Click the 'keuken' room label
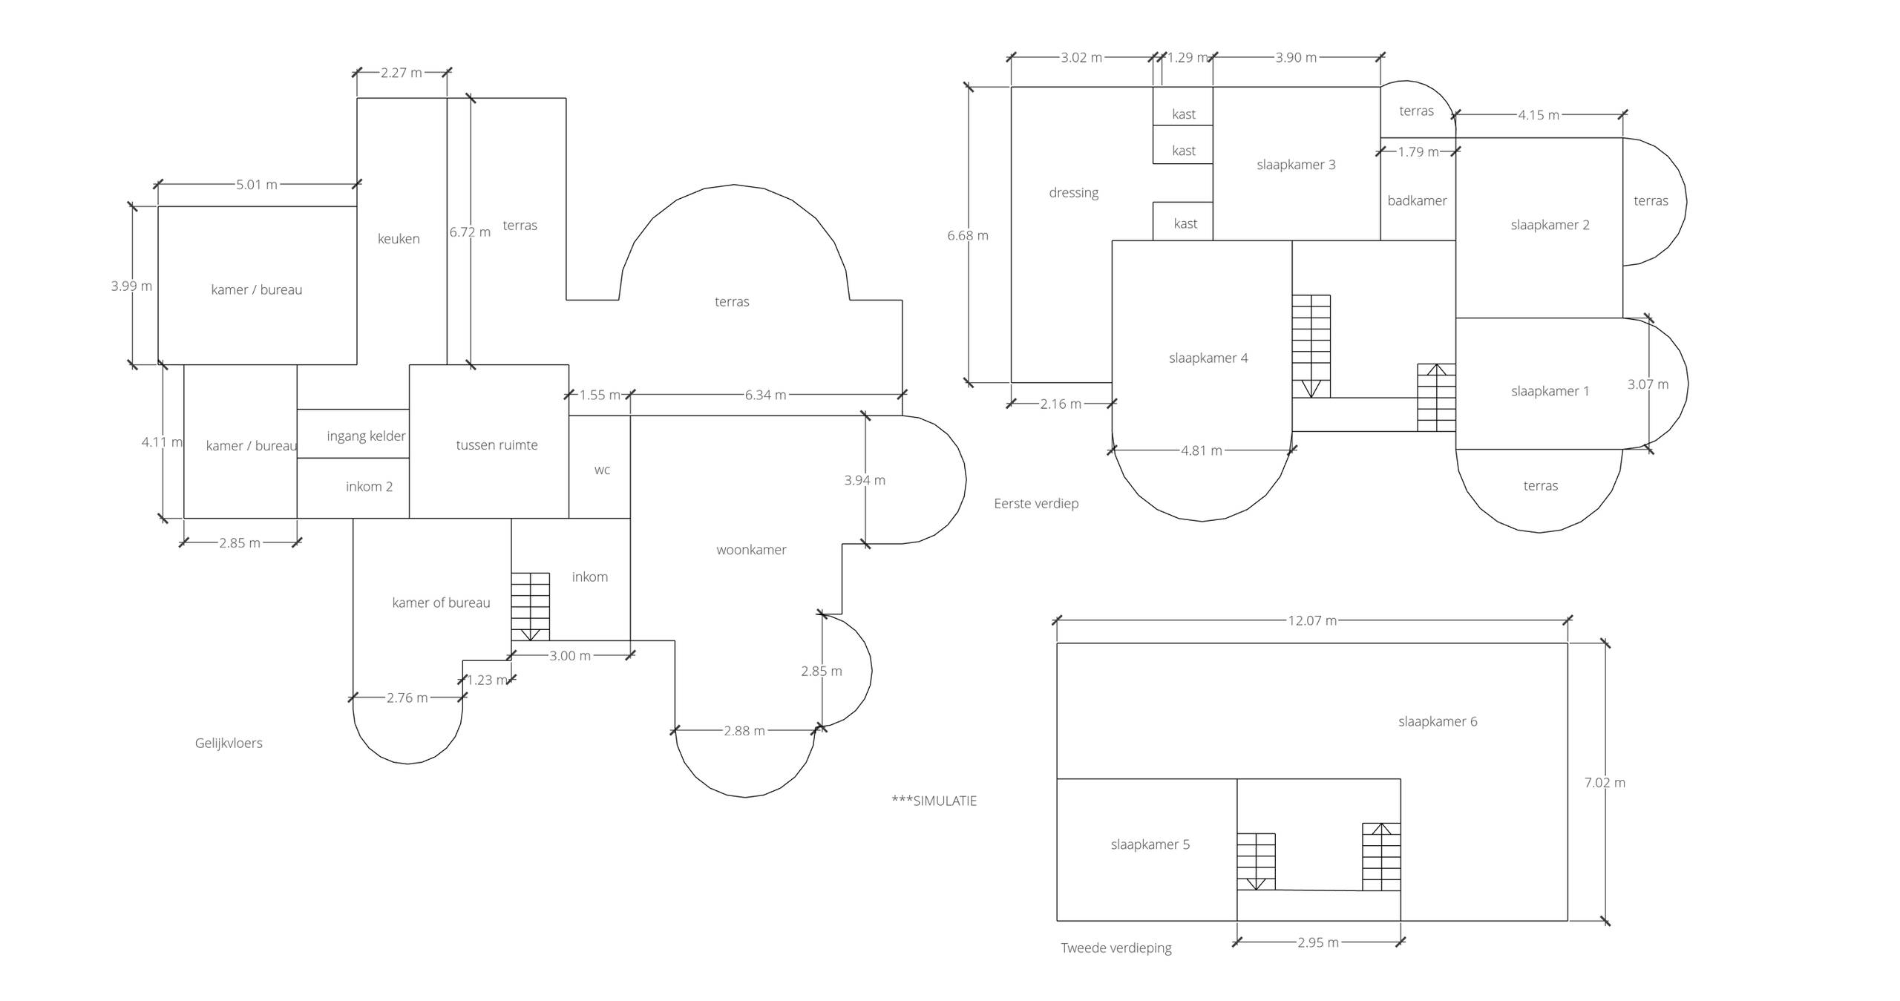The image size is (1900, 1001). (x=399, y=239)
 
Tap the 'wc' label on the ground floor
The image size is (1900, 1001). (x=602, y=470)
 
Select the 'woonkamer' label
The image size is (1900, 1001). (x=751, y=550)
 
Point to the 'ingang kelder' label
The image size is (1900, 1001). (x=366, y=436)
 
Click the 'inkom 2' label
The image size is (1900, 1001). (x=369, y=487)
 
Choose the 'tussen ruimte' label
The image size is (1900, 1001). (x=497, y=445)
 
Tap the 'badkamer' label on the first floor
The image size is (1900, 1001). (x=1417, y=200)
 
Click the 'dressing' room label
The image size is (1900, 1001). (x=1073, y=193)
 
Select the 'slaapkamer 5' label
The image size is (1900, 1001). (x=1150, y=844)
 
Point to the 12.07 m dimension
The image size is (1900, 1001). (x=1312, y=620)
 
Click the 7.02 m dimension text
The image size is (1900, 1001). (x=1605, y=782)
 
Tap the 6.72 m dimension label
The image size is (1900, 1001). (x=470, y=232)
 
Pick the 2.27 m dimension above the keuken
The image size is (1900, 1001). (x=402, y=73)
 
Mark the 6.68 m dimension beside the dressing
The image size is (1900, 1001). (x=968, y=235)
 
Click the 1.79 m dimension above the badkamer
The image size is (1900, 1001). (x=1418, y=152)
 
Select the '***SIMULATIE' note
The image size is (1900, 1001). (x=934, y=801)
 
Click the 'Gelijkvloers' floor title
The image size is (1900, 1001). (x=229, y=743)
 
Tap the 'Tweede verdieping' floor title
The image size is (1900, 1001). (x=1116, y=948)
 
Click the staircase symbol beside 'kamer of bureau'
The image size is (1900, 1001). (x=530, y=606)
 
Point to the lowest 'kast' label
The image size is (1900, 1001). (x=1185, y=223)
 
